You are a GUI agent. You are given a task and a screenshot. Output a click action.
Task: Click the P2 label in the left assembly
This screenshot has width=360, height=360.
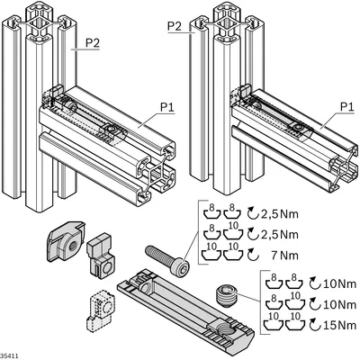[x=93, y=43]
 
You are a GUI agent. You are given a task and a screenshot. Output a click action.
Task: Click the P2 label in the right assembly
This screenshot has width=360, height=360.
[x=175, y=26]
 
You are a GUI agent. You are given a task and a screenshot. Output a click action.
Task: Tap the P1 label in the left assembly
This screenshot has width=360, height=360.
[x=167, y=107]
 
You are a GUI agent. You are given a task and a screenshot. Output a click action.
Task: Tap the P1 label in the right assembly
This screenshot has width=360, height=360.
[x=347, y=106]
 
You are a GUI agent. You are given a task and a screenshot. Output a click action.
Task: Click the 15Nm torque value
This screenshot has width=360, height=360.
[x=339, y=325]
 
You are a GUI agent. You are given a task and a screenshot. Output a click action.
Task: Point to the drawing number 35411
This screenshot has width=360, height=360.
[x=10, y=356]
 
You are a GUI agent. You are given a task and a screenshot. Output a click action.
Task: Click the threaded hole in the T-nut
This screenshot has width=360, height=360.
[x=72, y=247]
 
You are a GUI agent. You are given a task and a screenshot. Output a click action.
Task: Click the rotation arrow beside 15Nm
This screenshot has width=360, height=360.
[x=315, y=324]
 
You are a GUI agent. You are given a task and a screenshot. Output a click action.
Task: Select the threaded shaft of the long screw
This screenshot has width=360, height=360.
[x=159, y=255]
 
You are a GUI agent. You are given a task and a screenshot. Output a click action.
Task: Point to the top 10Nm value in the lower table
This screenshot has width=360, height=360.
[x=339, y=283]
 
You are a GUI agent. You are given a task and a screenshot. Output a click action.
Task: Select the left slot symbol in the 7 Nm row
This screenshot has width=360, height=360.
[x=211, y=253]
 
